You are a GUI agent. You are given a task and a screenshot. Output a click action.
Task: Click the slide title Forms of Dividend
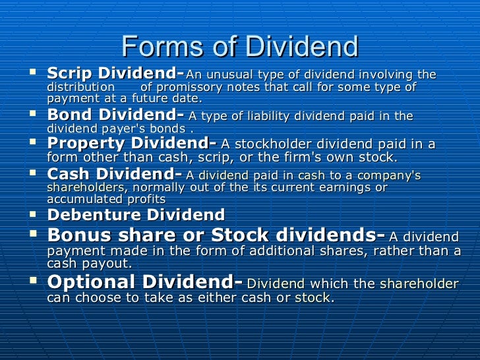tap(240, 45)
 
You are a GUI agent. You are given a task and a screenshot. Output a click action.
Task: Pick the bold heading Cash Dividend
tap(112, 174)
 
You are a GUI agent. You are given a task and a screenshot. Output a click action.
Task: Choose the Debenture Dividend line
tap(136, 215)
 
